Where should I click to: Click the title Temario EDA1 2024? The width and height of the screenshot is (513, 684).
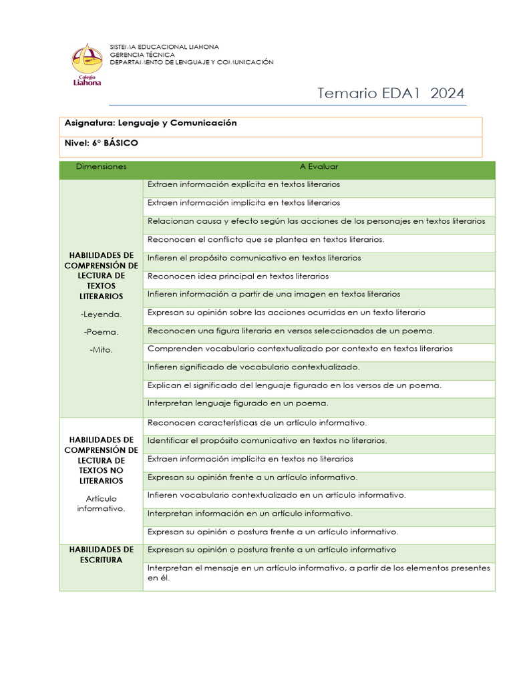391,93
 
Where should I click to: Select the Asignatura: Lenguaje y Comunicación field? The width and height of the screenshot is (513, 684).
151,124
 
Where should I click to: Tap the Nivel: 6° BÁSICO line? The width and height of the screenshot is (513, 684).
102,143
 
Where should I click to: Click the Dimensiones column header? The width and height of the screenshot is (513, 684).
101,167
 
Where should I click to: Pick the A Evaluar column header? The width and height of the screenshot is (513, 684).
319,167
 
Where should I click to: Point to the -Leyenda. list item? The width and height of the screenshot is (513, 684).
101,314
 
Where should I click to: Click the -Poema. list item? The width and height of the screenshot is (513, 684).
101,332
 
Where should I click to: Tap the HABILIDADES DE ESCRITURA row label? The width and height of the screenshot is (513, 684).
101,554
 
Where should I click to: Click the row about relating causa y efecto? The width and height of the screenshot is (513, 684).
316,221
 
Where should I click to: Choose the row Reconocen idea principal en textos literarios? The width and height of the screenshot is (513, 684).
238,276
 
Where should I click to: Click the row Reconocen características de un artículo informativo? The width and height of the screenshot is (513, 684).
257,423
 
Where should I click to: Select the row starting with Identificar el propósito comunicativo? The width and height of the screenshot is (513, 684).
267,441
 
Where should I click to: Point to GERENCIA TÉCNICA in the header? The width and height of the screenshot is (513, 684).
142,55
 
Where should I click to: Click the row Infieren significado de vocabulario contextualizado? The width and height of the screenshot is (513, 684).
253,367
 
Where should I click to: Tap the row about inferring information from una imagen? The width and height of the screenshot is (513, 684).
274,294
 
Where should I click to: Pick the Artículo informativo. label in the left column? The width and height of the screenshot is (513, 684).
101,504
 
